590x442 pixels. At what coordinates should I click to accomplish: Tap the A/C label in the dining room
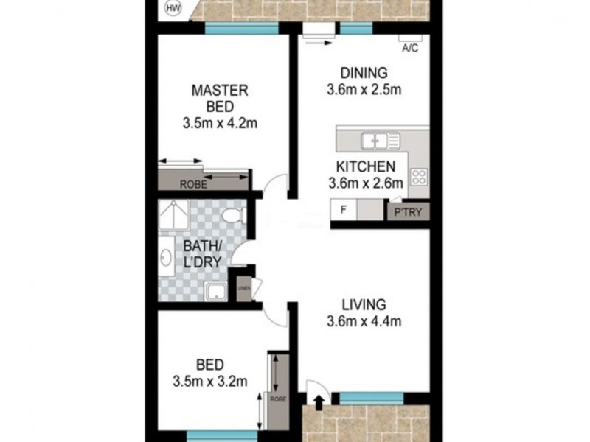pos(409,49)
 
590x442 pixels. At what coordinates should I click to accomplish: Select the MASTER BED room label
pos(220,106)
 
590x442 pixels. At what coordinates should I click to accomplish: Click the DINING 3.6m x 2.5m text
pos(364,82)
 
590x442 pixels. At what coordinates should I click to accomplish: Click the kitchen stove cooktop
pos(419,177)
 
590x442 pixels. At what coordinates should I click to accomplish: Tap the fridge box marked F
pos(344,210)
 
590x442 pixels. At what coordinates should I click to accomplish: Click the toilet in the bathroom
pos(234,216)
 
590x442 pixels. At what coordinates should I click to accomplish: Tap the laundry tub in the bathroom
pos(216,292)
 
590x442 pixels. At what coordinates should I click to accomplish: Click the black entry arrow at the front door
pos(317,402)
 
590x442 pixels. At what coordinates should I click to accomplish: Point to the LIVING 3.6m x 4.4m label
pos(364,312)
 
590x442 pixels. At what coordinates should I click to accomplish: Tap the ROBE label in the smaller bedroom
pos(277,399)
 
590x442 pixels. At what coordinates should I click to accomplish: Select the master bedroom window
pos(241,29)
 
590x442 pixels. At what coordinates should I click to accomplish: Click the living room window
pos(372,398)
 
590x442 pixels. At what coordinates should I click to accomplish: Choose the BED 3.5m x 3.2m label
pos(209,373)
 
